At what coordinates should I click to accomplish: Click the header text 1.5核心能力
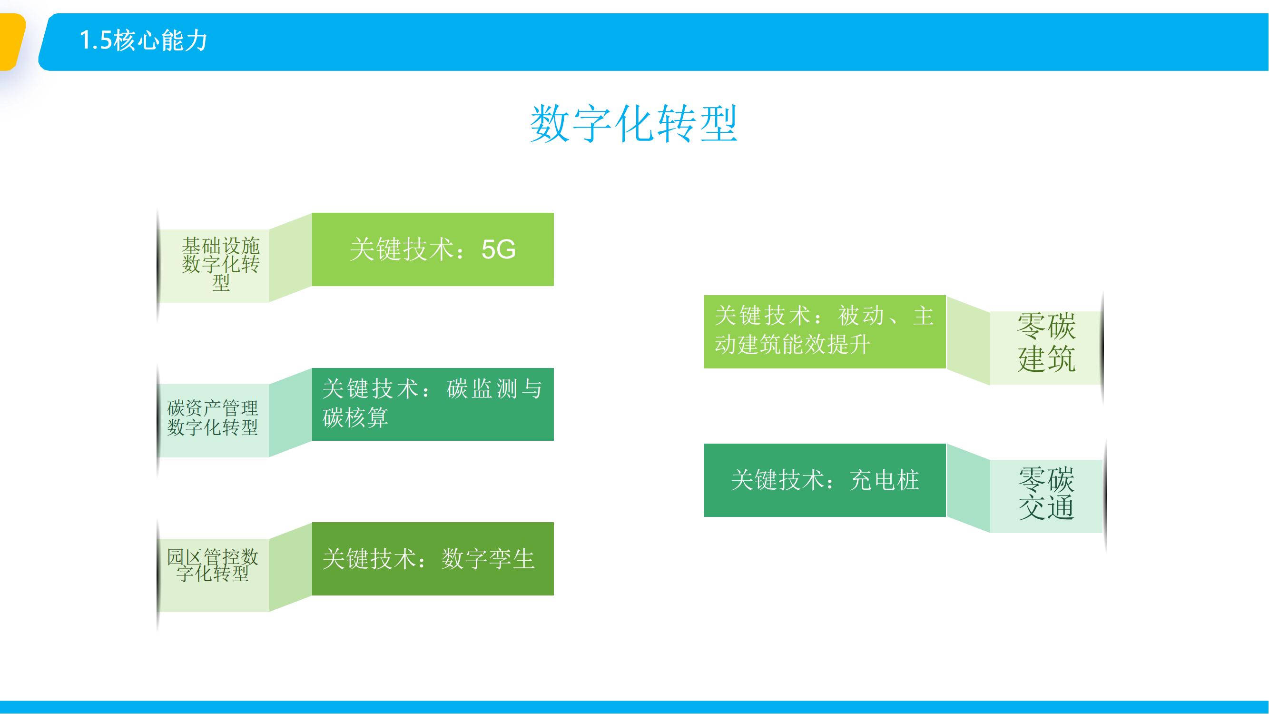(x=143, y=40)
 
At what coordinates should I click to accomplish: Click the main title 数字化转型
(x=633, y=124)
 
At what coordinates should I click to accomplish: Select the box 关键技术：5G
(x=433, y=249)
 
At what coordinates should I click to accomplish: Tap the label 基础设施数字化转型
(x=221, y=264)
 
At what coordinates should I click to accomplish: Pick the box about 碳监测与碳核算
(x=433, y=404)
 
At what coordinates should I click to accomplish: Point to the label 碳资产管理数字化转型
(x=213, y=417)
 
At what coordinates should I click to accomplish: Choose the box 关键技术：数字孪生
(x=433, y=559)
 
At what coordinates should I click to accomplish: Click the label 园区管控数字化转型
(x=213, y=565)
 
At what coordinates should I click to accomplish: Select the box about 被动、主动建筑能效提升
(x=825, y=332)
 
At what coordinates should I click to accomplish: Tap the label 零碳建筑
(x=1046, y=342)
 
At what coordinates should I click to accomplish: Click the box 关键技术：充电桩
(x=825, y=480)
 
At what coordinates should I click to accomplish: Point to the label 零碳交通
(x=1046, y=493)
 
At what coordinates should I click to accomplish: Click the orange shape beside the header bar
(x=12, y=42)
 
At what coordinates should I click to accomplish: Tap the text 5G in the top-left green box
(x=499, y=249)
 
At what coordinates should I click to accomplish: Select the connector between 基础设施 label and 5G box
(x=291, y=257)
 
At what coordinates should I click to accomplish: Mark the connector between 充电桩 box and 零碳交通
(x=968, y=488)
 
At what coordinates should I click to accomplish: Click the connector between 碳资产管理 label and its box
(x=291, y=412)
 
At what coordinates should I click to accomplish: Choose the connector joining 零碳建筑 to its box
(x=968, y=340)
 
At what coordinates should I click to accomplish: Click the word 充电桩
(x=884, y=480)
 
